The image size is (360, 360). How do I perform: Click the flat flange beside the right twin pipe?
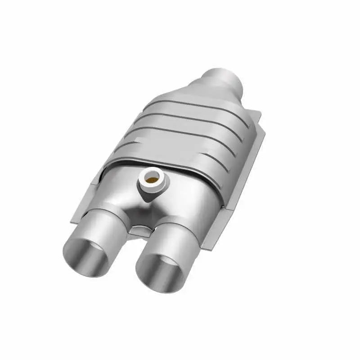click(211, 234)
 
